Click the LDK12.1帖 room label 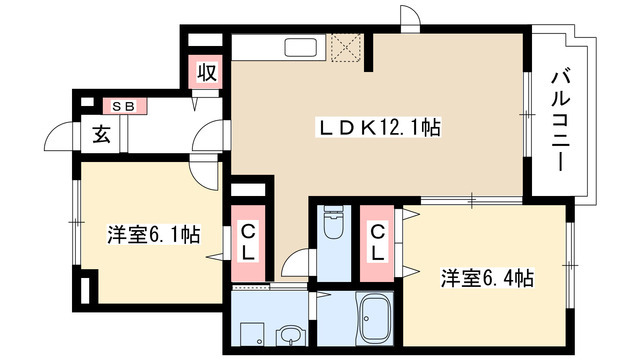379,128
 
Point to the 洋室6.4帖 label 488,277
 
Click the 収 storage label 207,72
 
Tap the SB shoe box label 125,103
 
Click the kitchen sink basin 300,48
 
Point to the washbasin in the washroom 290,335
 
